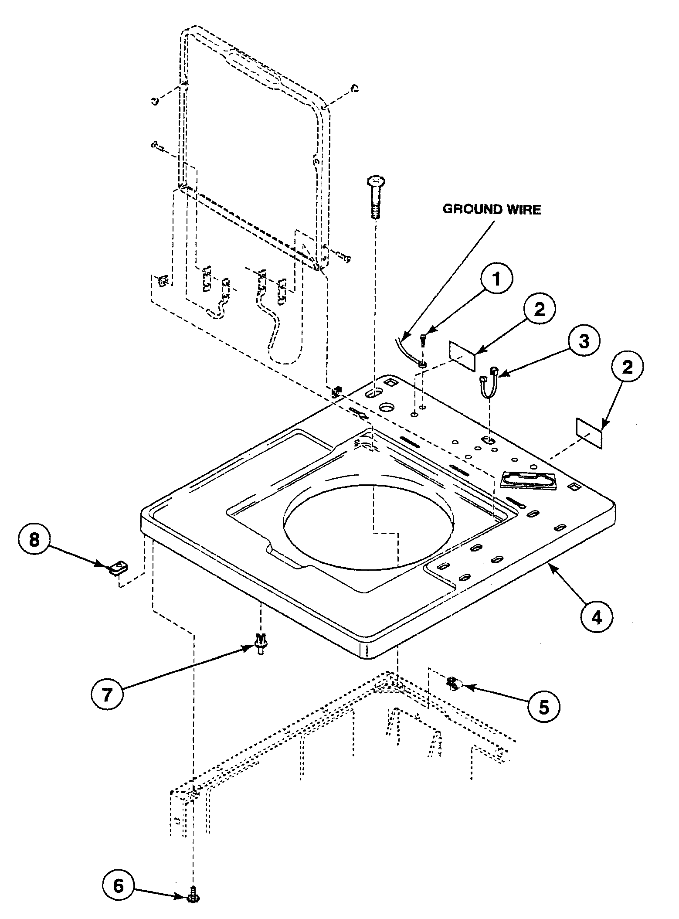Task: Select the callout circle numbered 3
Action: (x=584, y=341)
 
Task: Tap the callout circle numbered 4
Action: (x=596, y=617)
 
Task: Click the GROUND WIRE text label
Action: (x=492, y=209)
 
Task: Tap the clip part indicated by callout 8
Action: (x=116, y=568)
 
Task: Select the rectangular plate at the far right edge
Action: (x=589, y=433)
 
